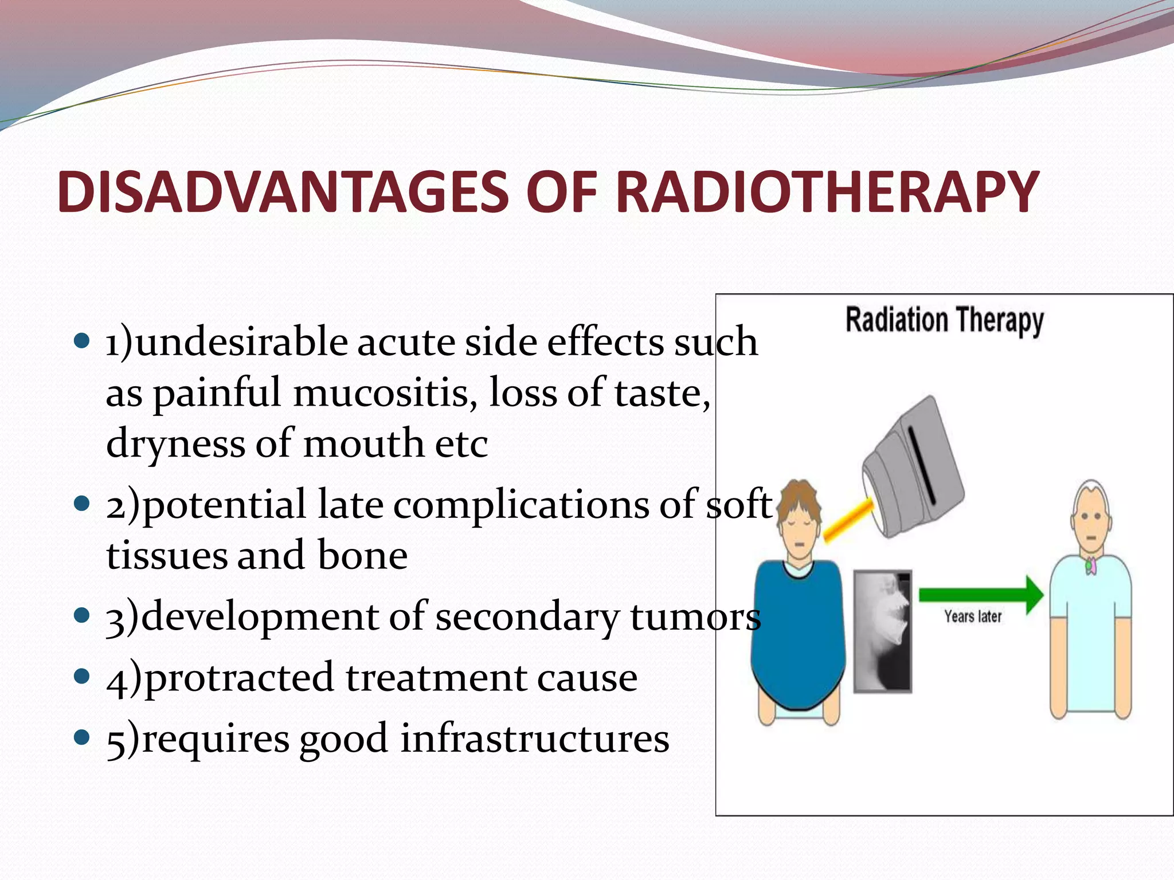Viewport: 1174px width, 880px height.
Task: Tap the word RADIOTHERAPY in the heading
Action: (827, 192)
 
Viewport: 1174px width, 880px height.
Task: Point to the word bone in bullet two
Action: (362, 555)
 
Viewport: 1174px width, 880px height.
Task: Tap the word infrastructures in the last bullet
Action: (534, 738)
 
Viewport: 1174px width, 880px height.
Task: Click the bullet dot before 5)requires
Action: (83, 736)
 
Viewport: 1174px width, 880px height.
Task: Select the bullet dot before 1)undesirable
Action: (83, 341)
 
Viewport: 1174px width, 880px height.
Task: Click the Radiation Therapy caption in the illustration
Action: (944, 320)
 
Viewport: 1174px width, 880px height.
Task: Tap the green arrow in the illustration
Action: (981, 595)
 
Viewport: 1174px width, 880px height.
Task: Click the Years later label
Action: (973, 617)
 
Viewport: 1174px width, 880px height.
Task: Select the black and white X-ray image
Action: (882, 631)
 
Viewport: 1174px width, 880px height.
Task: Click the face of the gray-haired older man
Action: (1091, 524)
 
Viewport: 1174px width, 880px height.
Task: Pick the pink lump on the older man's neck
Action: (1091, 566)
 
